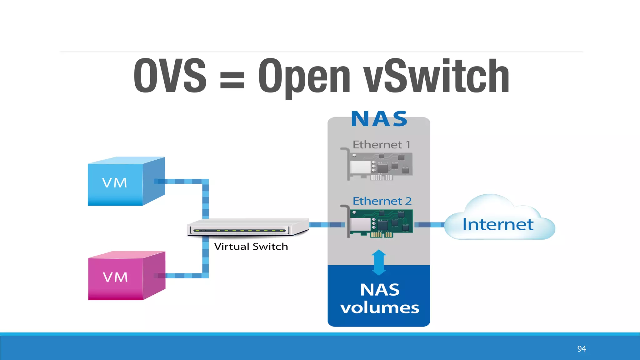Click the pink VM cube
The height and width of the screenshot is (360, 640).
click(125, 276)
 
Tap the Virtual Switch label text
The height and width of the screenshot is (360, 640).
click(251, 247)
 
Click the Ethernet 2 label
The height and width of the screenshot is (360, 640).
click(382, 201)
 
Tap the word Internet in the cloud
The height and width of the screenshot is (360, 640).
click(497, 224)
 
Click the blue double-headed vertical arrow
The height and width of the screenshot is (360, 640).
click(379, 262)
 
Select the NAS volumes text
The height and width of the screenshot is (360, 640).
click(379, 298)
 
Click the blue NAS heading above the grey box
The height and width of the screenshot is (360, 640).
click(379, 119)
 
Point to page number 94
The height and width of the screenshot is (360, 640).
click(581, 349)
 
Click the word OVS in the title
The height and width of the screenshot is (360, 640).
click(170, 76)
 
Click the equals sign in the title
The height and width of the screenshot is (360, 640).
click(232, 80)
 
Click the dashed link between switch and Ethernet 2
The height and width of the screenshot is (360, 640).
click(327, 225)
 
